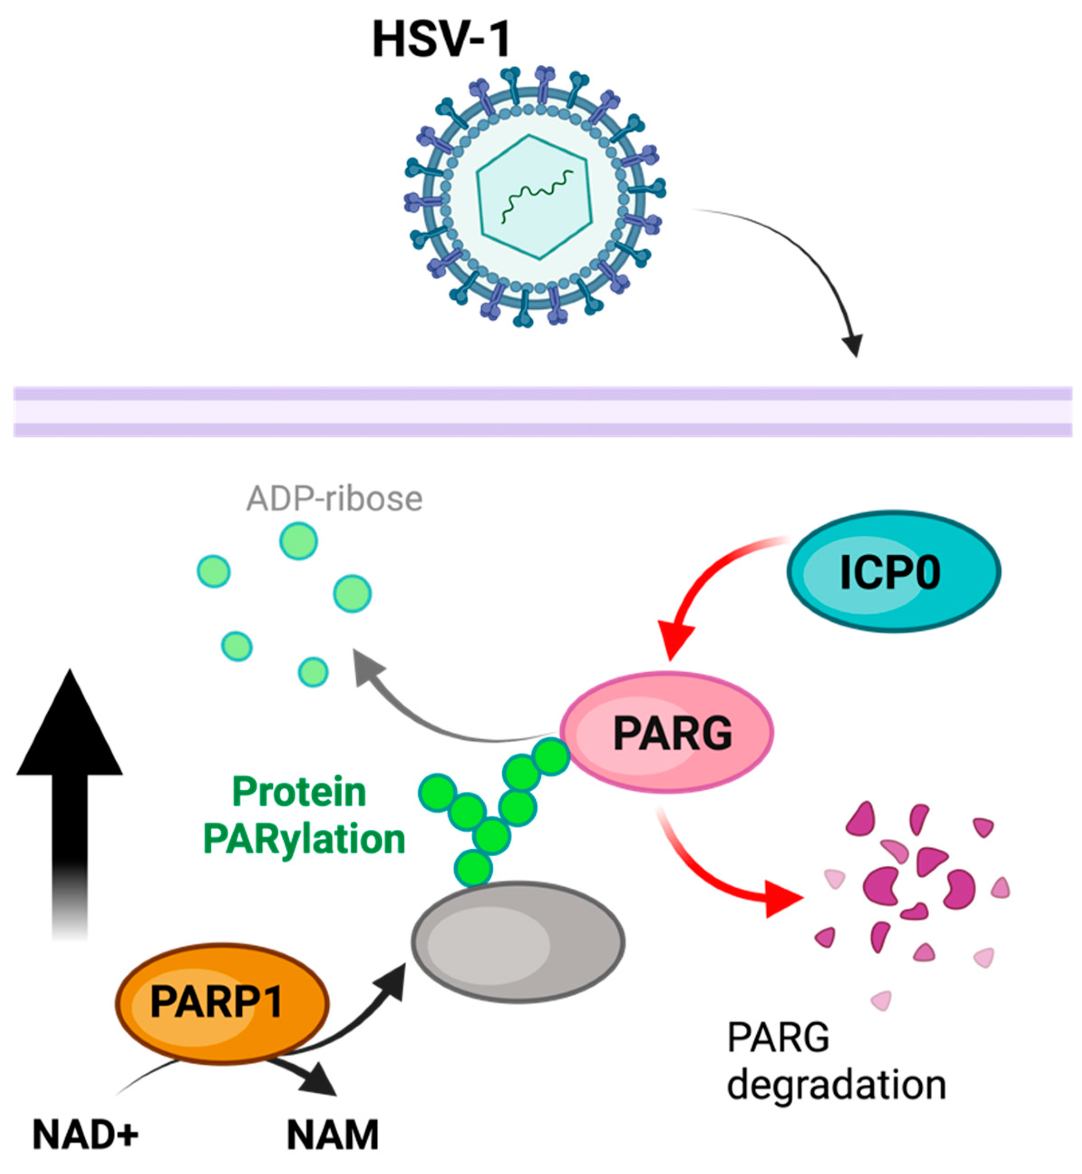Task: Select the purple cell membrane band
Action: [542, 411]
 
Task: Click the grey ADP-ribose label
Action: [335, 499]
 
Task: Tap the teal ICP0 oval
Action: [893, 571]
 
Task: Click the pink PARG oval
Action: [667, 732]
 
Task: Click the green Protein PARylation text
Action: [301, 816]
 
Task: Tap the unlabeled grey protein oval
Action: [518, 943]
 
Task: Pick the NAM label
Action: [333, 1135]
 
